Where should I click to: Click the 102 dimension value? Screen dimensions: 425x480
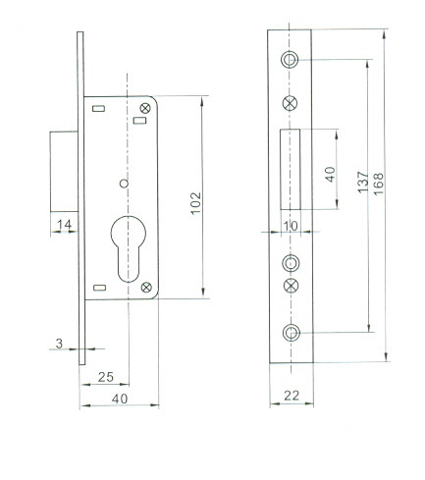click(x=196, y=203)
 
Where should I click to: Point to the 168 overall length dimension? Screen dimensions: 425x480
click(x=379, y=185)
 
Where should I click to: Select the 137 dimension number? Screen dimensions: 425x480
click(x=362, y=182)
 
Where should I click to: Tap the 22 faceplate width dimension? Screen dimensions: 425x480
click(x=292, y=396)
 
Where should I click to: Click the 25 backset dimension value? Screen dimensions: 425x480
click(x=106, y=377)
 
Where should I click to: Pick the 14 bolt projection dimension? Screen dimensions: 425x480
click(x=64, y=225)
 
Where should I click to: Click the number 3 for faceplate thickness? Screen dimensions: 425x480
click(x=59, y=344)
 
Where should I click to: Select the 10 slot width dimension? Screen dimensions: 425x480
click(x=291, y=226)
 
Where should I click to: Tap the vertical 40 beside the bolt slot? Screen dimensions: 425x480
click(x=331, y=174)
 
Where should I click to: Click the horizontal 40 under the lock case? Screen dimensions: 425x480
click(x=120, y=399)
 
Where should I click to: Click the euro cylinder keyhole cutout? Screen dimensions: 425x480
click(x=129, y=248)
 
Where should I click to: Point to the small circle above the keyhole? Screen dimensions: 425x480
click(x=124, y=184)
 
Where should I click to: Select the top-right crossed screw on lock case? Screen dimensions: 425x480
click(x=144, y=108)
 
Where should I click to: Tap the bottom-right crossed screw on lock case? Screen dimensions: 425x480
click(x=146, y=288)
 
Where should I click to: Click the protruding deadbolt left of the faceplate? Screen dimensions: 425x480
click(x=64, y=172)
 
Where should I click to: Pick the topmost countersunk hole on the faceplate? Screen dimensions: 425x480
click(x=290, y=60)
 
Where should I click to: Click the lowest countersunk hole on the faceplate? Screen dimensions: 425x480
click(x=291, y=333)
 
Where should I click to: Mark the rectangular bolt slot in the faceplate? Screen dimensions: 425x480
click(x=291, y=169)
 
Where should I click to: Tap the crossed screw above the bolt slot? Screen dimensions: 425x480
click(x=290, y=104)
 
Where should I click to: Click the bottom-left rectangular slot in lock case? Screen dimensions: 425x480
click(x=99, y=288)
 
